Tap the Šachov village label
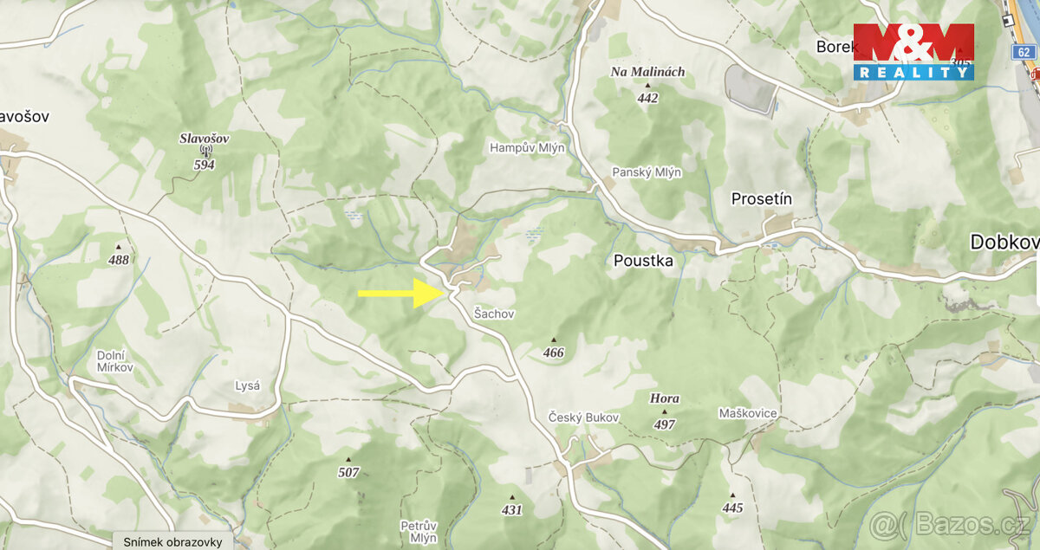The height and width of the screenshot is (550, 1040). pos(494,314)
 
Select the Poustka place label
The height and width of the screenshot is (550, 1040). pos(643,260)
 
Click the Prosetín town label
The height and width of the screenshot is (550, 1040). pos(762,199)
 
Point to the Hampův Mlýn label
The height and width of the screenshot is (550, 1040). pos(527,148)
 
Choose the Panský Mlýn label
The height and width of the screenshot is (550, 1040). pos(647,172)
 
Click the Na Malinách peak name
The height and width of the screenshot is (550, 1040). pos(647,72)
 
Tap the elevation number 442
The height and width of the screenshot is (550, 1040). pos(647,98)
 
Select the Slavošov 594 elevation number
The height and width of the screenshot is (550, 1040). pos(204,165)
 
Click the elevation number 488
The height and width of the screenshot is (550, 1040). pos(119,260)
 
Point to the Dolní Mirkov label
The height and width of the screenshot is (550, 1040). pos(115,361)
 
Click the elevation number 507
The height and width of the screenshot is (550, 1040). pos(348,473)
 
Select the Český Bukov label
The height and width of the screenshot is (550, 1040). pos(584,417)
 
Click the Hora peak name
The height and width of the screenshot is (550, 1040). pos(665,399)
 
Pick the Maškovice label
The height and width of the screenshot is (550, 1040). pos(748,413)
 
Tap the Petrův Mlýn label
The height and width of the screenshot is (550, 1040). pos(419,531)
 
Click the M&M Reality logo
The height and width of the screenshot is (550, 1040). pos(913,52)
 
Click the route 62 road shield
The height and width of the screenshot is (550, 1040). pos(1024,53)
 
